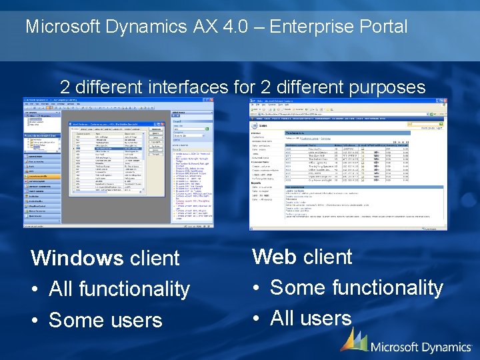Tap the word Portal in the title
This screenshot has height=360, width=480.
tap(385, 27)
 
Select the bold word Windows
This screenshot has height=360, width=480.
tap(77, 258)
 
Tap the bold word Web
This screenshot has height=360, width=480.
tap(275, 257)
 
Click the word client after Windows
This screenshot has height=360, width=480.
tap(155, 258)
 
